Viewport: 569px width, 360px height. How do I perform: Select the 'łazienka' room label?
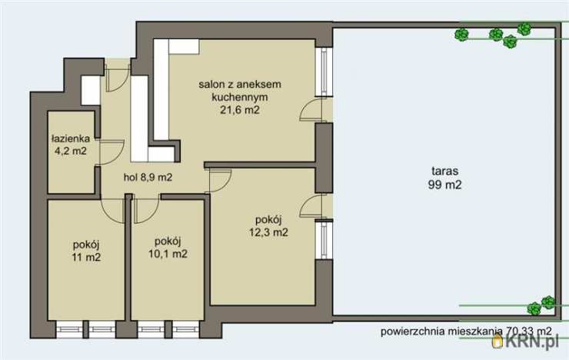(x=71, y=139)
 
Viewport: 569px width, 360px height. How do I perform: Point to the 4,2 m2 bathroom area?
(x=69, y=151)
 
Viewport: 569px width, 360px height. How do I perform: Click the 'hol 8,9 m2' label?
(x=148, y=177)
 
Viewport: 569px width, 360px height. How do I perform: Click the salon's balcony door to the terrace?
(x=311, y=111)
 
